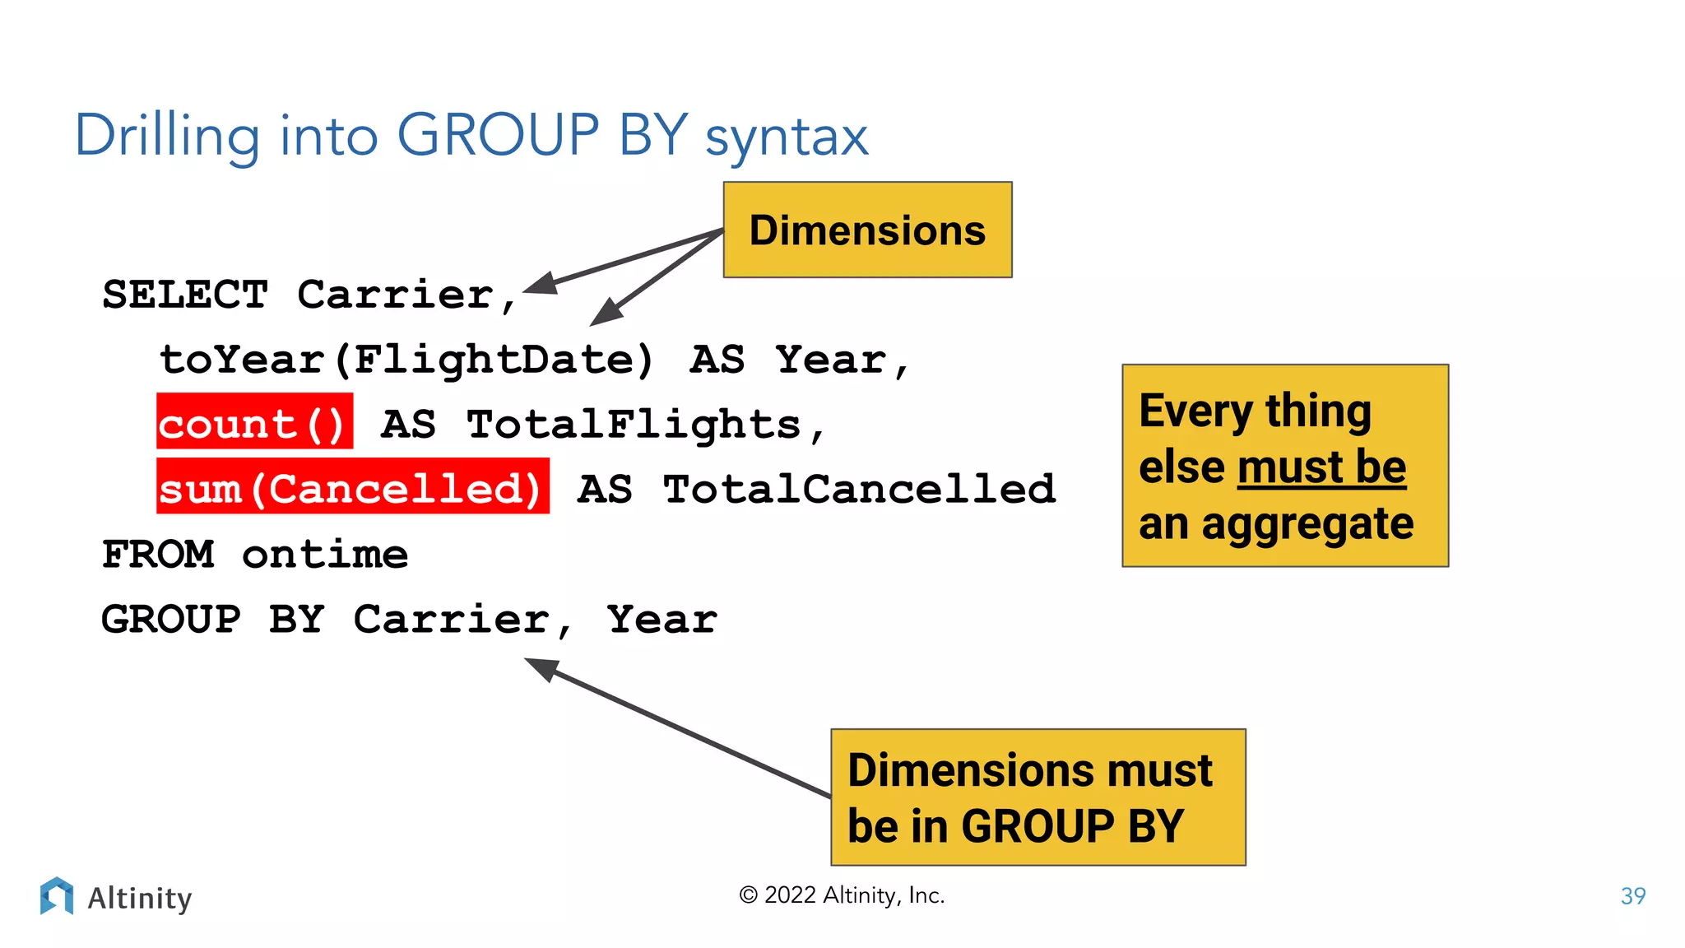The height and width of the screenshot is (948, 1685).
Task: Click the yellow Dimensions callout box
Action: point(867,230)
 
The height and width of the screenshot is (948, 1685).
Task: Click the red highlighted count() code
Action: point(254,422)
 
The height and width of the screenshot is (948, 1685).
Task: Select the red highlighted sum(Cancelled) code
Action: point(352,487)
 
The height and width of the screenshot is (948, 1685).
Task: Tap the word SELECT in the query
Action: point(185,295)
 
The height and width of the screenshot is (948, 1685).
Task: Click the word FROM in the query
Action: point(158,554)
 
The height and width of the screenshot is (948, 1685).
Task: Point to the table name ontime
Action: point(325,554)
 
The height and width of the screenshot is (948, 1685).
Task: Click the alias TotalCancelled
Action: point(859,489)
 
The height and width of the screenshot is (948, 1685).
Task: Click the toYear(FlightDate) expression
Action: point(406,360)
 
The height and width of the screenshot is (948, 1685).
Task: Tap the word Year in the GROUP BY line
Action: point(662,619)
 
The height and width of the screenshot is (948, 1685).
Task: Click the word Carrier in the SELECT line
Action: point(396,295)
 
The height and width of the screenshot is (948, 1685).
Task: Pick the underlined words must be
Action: point(1321,467)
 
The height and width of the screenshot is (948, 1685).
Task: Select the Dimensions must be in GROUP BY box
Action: point(1037,797)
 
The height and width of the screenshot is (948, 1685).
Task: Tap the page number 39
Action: point(1632,895)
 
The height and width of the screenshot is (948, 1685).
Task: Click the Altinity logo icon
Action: point(56,895)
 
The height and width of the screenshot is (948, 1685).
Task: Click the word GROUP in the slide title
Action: point(498,135)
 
